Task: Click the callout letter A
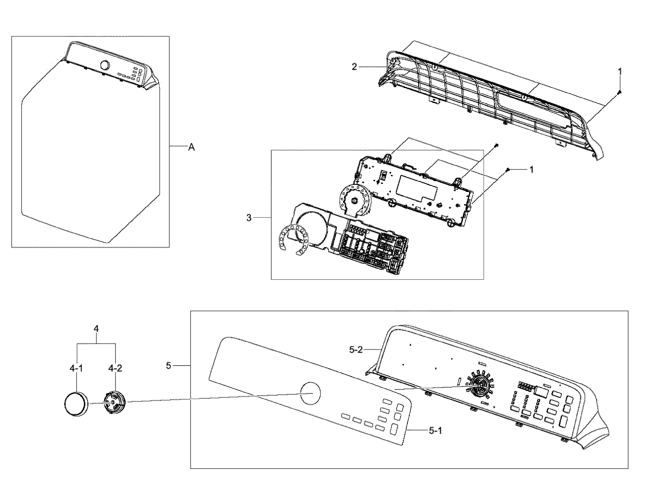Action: (192, 148)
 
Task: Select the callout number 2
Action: (354, 66)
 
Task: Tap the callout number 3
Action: (249, 218)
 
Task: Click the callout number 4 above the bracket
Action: (96, 329)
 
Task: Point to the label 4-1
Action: (76, 368)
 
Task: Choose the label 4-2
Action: (115, 368)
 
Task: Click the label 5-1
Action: (435, 430)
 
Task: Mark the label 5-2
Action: (356, 350)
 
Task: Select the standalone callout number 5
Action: (168, 366)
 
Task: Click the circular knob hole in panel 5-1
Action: (310, 393)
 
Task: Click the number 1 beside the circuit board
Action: (532, 170)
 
